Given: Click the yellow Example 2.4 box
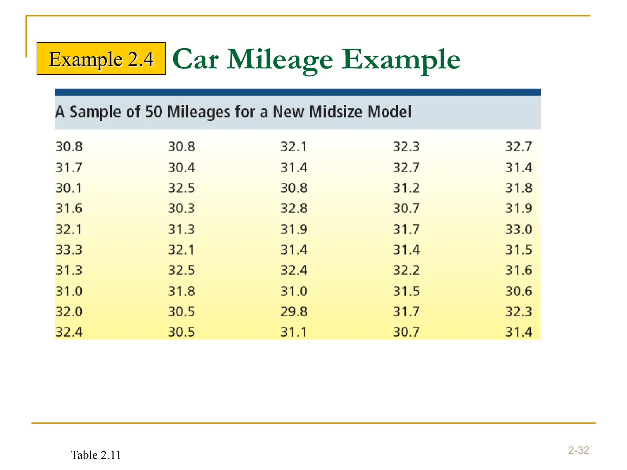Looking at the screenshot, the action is point(101,58).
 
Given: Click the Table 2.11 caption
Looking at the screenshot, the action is point(96,455).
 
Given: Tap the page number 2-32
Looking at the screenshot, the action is point(579,450).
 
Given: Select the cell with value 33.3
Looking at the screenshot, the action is point(69,250).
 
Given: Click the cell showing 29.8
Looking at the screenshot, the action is point(294,311).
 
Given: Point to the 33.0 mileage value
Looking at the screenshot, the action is point(519,229).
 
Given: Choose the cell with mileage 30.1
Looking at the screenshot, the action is point(69,188).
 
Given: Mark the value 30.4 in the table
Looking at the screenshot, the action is point(182,167).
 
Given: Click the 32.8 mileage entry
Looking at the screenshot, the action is point(294,208).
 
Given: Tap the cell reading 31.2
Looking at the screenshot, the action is point(406,188).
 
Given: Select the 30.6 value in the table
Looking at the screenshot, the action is point(519,291).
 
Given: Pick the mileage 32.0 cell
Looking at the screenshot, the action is point(69,311).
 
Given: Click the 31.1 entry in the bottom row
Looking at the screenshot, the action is point(294,332).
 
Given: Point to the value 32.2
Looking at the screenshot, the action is point(406,270).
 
